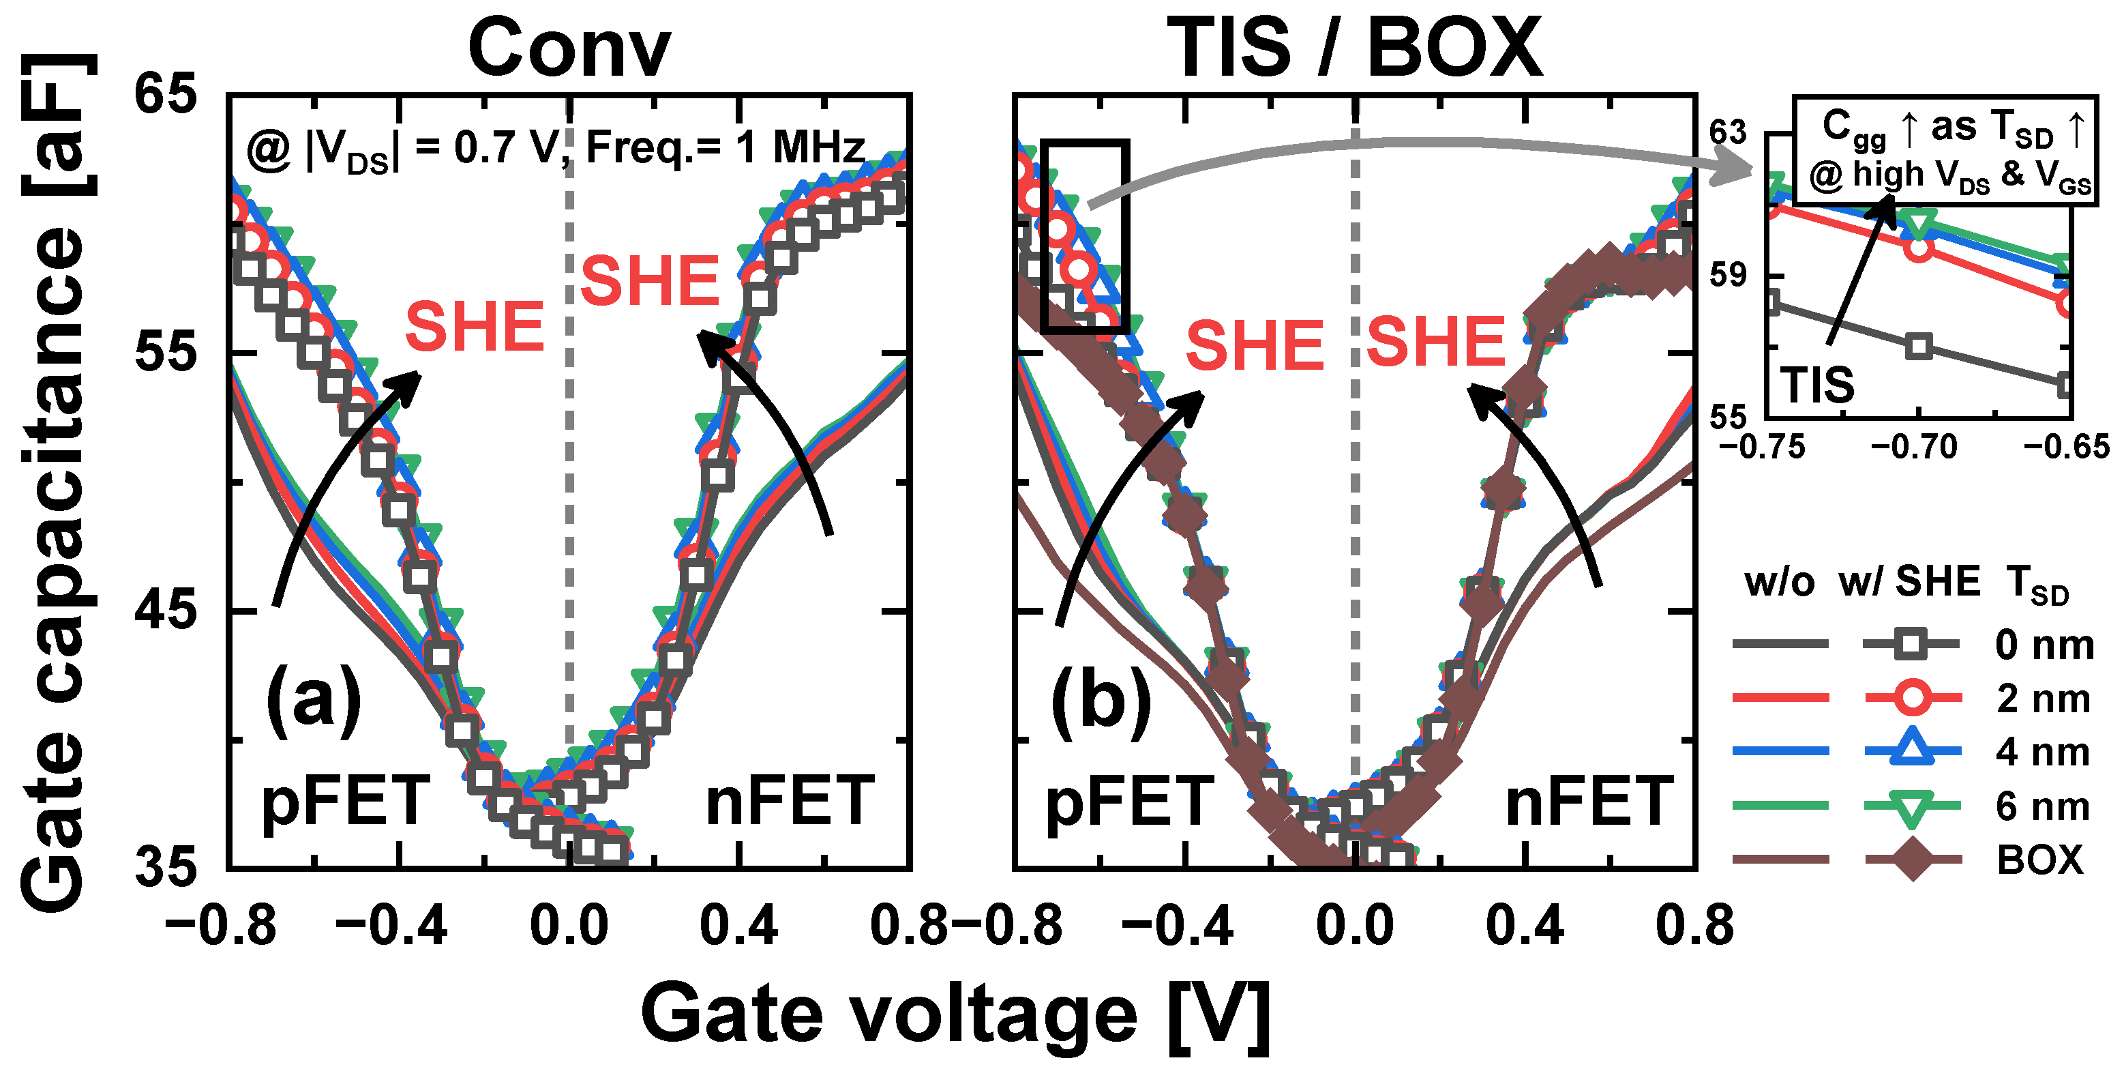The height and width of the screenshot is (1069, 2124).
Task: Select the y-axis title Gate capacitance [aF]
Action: (55, 482)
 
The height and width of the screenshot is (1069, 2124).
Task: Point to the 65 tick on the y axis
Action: (166, 93)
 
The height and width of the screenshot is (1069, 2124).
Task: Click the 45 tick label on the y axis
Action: (166, 611)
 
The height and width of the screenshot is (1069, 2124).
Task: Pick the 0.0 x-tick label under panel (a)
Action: (569, 926)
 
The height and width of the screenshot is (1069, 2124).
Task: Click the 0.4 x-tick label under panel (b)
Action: (1525, 926)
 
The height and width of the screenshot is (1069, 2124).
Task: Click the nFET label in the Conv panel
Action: (789, 802)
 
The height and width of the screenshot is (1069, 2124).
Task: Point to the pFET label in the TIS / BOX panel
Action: (1130, 802)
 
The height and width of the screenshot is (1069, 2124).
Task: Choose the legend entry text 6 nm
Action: (2042, 806)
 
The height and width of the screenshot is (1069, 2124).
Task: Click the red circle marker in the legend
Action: (1912, 698)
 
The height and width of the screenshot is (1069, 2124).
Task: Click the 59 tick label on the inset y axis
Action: (1729, 275)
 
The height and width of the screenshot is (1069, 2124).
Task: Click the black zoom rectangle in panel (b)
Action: (1084, 236)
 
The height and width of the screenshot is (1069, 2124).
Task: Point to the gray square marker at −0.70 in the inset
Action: (1919, 347)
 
